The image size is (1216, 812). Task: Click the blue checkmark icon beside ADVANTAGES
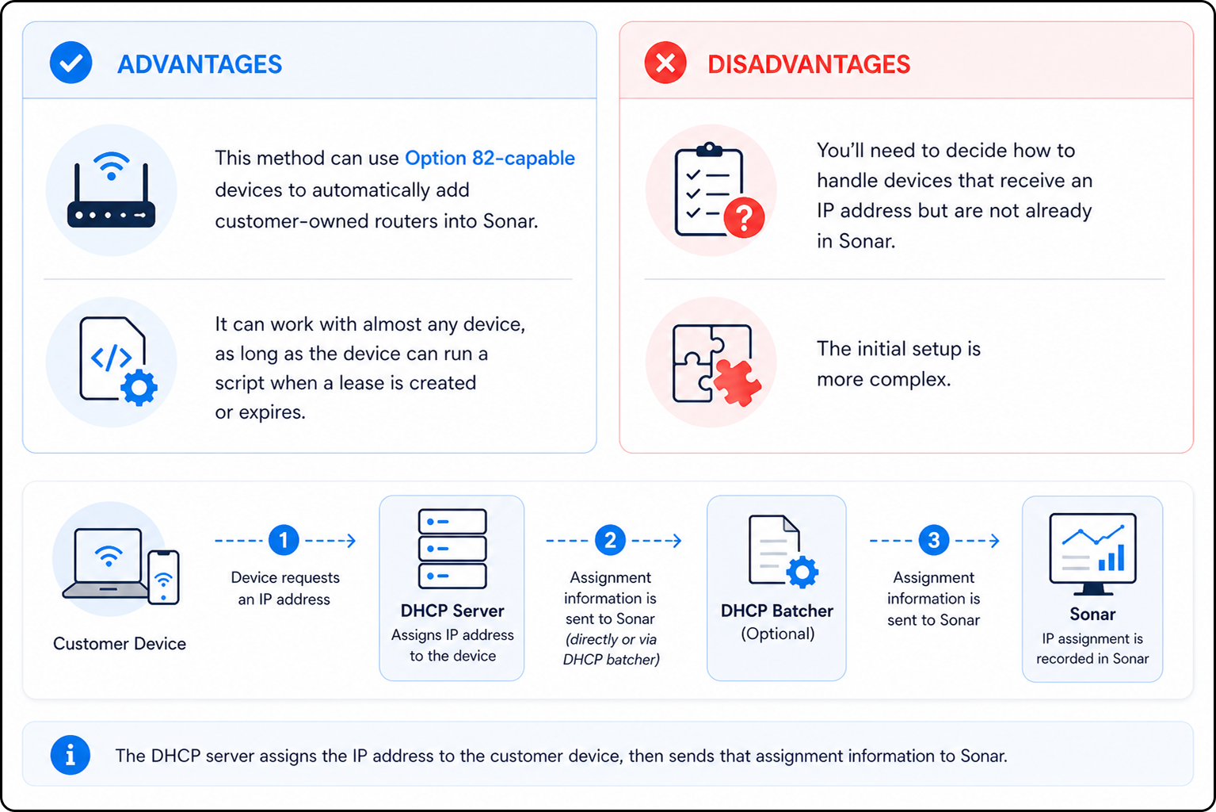(71, 63)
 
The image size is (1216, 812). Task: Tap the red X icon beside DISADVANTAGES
(665, 63)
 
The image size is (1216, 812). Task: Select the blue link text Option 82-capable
(490, 158)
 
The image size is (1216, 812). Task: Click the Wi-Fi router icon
(111, 190)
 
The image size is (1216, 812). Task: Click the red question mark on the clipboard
(745, 217)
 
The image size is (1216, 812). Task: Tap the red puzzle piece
(737, 382)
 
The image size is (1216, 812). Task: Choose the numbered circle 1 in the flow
(284, 540)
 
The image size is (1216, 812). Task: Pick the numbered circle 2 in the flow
(610, 540)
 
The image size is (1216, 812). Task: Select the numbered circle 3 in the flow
(934, 540)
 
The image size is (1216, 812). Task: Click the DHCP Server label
(452, 611)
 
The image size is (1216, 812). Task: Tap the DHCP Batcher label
(777, 611)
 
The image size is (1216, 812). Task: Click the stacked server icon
(452, 549)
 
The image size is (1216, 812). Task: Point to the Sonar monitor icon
(1092, 553)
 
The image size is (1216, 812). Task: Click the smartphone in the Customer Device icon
(163, 577)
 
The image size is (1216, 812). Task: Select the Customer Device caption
(120, 644)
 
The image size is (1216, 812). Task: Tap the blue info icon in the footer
(70, 755)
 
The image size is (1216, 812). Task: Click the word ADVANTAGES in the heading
(200, 64)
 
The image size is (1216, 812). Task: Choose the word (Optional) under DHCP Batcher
(777, 634)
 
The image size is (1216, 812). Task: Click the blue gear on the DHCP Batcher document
(802, 572)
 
